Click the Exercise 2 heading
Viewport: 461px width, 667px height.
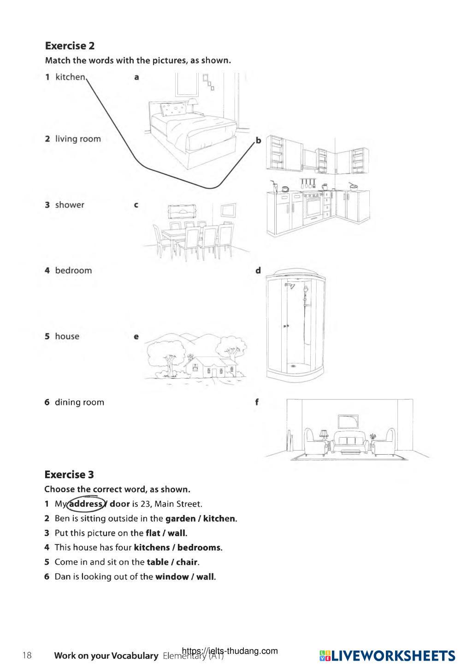point(70,46)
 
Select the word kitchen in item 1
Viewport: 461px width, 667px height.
point(70,77)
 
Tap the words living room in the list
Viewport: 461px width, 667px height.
point(77,139)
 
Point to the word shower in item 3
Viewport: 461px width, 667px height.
point(70,205)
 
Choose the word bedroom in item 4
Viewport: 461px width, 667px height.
point(73,270)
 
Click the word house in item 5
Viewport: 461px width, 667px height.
point(67,336)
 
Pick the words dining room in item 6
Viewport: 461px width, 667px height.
point(79,402)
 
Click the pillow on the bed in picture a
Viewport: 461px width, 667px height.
point(172,110)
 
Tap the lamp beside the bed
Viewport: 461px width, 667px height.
point(192,104)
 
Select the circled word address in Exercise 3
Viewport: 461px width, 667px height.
point(85,504)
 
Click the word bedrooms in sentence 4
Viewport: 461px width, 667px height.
point(199,548)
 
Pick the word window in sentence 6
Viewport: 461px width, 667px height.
point(171,577)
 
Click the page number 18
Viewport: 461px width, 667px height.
point(27,655)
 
